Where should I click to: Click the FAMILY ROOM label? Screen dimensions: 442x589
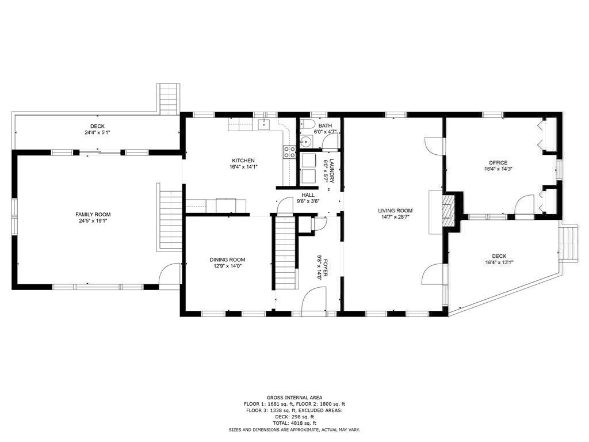pyautogui.click(x=92, y=214)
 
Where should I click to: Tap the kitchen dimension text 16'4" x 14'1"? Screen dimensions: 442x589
pyautogui.click(x=243, y=167)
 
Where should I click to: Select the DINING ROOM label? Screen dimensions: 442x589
pyautogui.click(x=227, y=260)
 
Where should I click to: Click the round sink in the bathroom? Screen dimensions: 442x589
pyautogui.click(x=306, y=142)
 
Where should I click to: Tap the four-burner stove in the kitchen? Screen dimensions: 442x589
pyautogui.click(x=289, y=152)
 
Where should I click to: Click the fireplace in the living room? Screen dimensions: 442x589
pyautogui.click(x=446, y=212)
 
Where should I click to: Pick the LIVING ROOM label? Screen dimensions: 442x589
pyautogui.click(x=395, y=211)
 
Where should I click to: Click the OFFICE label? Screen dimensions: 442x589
pyautogui.click(x=495, y=163)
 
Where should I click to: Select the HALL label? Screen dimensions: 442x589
pyautogui.click(x=308, y=195)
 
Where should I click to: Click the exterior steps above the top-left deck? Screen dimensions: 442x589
pyautogui.click(x=169, y=99)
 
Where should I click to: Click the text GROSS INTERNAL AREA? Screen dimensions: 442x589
pyautogui.click(x=294, y=398)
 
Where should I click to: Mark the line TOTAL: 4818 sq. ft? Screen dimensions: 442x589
pyautogui.click(x=294, y=423)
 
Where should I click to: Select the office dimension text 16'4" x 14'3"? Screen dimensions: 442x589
pyautogui.click(x=495, y=169)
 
